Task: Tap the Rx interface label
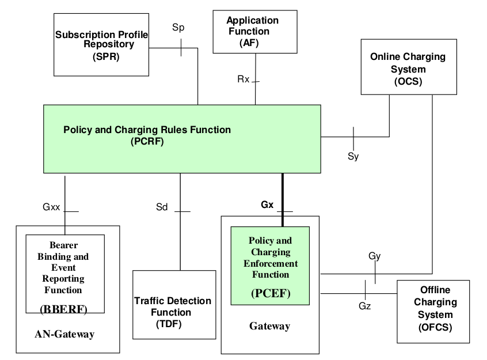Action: coord(243,79)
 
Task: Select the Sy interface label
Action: coord(353,156)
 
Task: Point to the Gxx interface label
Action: coord(51,207)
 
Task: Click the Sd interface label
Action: coord(162,207)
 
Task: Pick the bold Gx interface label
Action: coord(267,204)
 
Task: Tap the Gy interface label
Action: coord(374,256)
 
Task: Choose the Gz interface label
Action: coord(364,306)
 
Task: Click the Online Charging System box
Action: coord(408,67)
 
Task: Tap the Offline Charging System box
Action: coord(433,312)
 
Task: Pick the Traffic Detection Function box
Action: coord(173,305)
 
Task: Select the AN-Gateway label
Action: coord(64,334)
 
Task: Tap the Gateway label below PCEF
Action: coord(269,326)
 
